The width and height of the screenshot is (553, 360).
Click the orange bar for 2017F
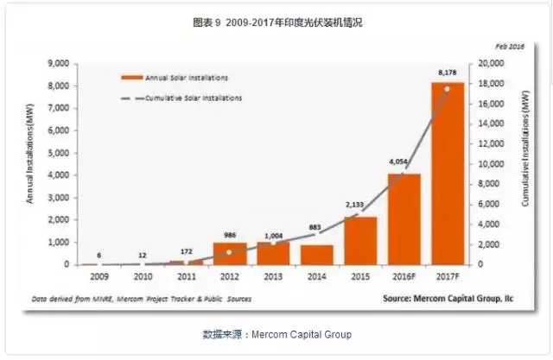[x=447, y=173]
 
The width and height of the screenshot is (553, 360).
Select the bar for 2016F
[x=404, y=219]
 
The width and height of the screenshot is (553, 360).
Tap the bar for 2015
[x=360, y=241]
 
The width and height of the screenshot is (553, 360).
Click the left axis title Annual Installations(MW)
[x=29, y=164]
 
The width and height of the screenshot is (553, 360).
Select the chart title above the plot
[x=276, y=22]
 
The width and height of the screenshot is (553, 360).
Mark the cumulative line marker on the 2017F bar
[x=447, y=89]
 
